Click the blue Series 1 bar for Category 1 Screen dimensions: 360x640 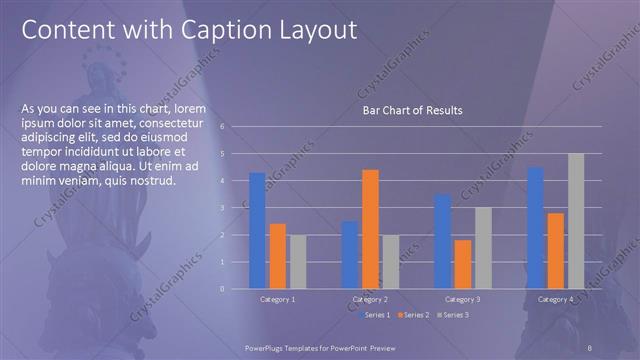point(257,230)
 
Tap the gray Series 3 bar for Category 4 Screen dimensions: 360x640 point(576,221)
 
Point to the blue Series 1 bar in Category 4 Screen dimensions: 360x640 point(535,228)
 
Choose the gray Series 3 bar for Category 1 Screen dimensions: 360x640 point(297,262)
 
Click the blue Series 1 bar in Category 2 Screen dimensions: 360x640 point(349,255)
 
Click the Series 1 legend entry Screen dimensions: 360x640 point(374,315)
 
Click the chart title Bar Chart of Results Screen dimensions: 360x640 point(412,110)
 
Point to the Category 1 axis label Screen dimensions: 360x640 point(277,299)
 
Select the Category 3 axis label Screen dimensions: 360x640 point(463,299)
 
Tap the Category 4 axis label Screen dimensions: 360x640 point(555,299)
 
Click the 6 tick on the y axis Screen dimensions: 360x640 point(236,127)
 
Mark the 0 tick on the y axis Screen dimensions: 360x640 point(236,289)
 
